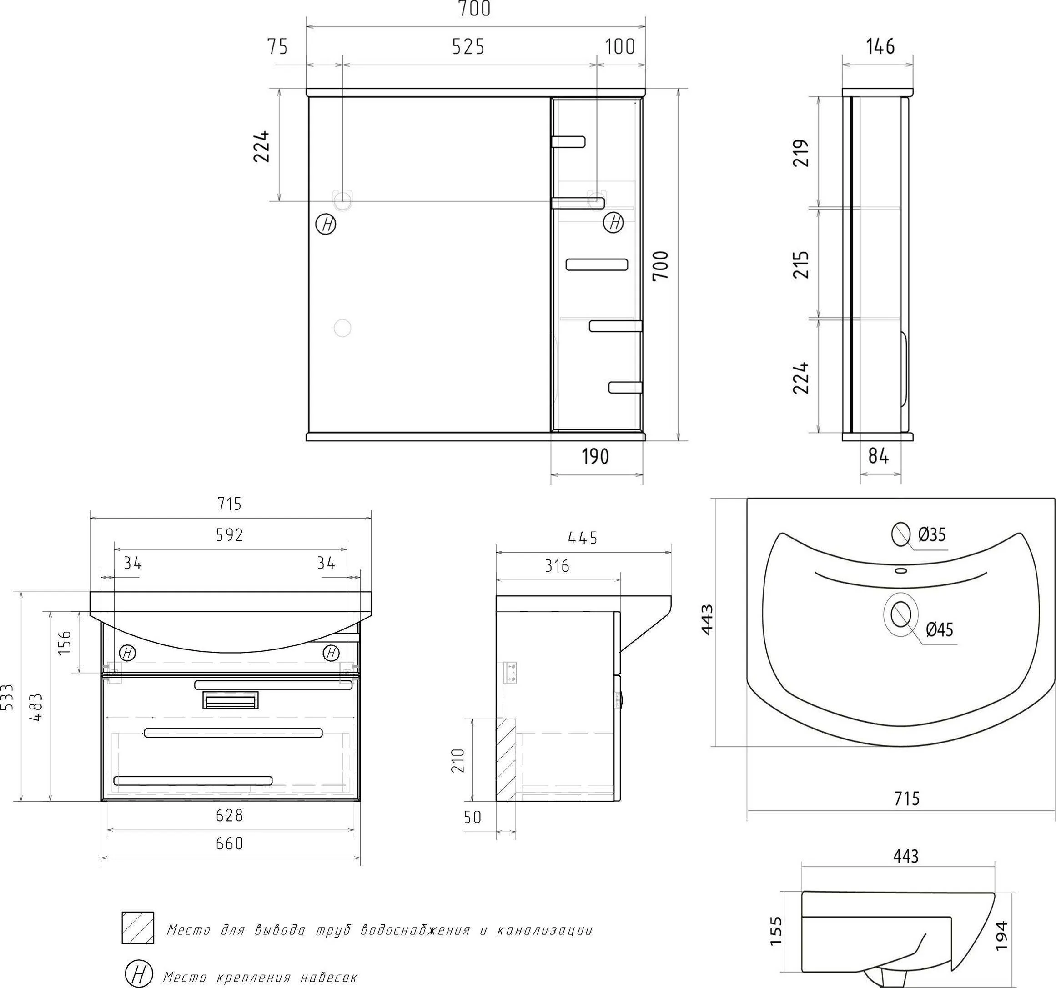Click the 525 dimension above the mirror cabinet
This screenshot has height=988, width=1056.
click(x=468, y=47)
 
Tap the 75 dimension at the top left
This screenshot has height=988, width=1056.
click(x=277, y=47)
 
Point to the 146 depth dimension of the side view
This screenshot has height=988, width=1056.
click(x=880, y=47)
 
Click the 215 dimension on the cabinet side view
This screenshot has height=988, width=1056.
click(x=801, y=264)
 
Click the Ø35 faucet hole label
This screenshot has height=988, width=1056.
click(x=932, y=534)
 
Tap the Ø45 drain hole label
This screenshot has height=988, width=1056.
click(x=939, y=629)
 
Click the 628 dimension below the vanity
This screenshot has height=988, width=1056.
click(x=230, y=815)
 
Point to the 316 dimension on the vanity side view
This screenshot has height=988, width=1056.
click(x=557, y=566)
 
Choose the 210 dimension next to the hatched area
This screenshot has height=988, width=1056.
click(x=458, y=760)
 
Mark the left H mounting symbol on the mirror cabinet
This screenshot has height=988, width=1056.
click(x=326, y=224)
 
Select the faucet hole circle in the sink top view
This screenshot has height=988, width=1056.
click(x=901, y=534)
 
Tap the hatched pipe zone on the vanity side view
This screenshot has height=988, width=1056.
click(x=506, y=760)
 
